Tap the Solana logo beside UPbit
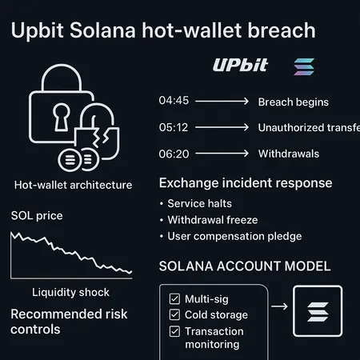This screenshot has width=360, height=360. pos(304,66)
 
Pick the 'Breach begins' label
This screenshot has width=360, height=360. pos(293,102)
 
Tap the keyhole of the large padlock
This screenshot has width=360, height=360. pos(62,118)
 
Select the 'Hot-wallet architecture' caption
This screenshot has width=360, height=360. pos(73,185)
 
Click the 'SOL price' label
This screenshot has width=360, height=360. pos(37,216)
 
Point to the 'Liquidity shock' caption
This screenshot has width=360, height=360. pos(70,291)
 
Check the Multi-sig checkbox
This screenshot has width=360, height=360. pos(174,298)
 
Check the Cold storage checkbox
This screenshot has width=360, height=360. pos(174,314)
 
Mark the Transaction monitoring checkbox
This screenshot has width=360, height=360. pos(174,331)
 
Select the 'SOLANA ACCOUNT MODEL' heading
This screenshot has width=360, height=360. pos(245,266)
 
